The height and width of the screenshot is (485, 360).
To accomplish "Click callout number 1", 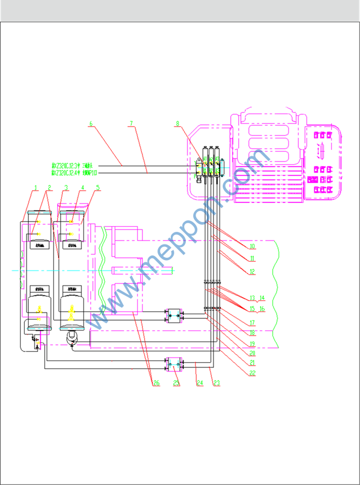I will (x=36, y=187).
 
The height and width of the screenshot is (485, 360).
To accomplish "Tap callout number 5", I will (x=97, y=187).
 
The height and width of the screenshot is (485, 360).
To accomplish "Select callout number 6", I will (x=90, y=123).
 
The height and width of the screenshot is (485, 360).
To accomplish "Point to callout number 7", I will (x=132, y=123).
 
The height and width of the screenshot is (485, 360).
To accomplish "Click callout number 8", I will (x=178, y=123).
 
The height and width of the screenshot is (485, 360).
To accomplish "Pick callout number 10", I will (x=252, y=246).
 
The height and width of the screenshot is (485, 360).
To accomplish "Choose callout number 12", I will (x=252, y=272).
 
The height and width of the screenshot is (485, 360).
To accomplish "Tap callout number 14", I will (x=261, y=298).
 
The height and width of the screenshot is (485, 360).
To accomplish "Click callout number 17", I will (x=252, y=324).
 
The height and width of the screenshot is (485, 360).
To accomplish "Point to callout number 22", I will (x=252, y=373).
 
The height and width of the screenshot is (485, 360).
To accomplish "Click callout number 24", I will (x=200, y=382).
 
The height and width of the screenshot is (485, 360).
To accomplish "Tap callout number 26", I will (x=156, y=383).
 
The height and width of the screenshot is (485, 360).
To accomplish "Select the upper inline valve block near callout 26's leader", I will (x=174, y=315).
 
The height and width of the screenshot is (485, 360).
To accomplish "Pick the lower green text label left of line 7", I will (x=74, y=172).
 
